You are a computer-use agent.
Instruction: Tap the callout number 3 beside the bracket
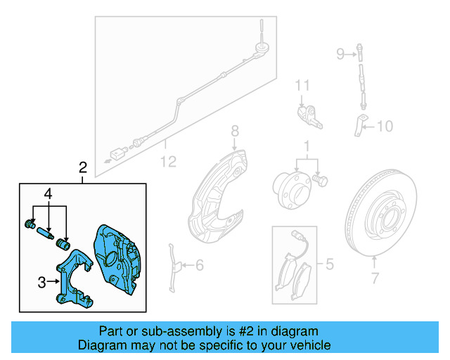(42, 282)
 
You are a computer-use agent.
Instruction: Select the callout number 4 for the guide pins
(49, 193)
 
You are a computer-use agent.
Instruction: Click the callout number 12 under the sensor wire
(167, 162)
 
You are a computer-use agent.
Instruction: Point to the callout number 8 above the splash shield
(235, 131)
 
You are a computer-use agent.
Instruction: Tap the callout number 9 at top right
(340, 53)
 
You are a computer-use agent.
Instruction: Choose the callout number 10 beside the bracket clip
(385, 127)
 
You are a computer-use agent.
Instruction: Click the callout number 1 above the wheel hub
(306, 148)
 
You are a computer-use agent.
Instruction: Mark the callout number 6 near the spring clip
(199, 265)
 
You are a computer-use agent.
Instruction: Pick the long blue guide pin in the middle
(46, 233)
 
